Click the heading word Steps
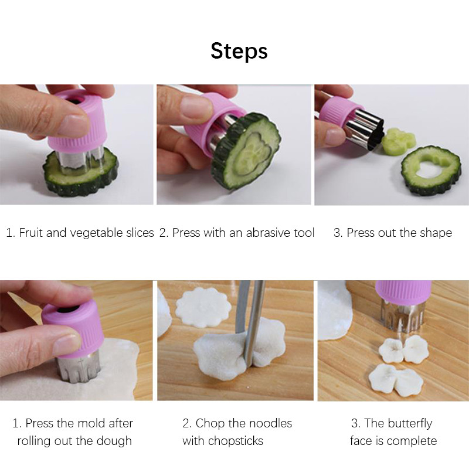239,51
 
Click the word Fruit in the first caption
31,233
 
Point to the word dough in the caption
115,441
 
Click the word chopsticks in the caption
236,441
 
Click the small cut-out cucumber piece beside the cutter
399,141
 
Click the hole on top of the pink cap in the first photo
76,99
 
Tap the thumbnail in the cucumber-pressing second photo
196,106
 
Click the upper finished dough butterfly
404,349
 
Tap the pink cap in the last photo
403,291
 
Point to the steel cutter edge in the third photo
364,128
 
